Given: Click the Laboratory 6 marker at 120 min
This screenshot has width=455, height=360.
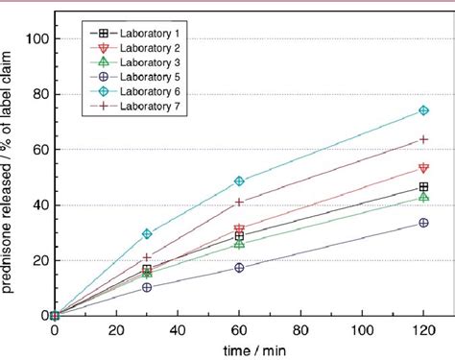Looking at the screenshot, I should [423, 110].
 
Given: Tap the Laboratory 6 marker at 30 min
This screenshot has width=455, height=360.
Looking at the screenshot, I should [147, 233].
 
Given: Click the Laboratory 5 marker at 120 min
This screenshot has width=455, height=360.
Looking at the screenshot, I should [423, 223].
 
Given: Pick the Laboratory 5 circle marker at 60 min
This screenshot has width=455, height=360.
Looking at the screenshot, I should [239, 268].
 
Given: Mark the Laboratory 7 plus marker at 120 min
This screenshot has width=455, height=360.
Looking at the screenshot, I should [423, 139].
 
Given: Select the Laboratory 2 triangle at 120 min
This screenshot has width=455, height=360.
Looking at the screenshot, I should [423, 168].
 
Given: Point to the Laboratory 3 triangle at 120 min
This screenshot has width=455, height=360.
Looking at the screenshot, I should [423, 196].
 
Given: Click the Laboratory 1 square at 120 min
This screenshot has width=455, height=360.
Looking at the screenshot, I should [423, 187].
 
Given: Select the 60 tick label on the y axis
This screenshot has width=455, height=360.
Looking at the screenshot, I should [39, 149].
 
